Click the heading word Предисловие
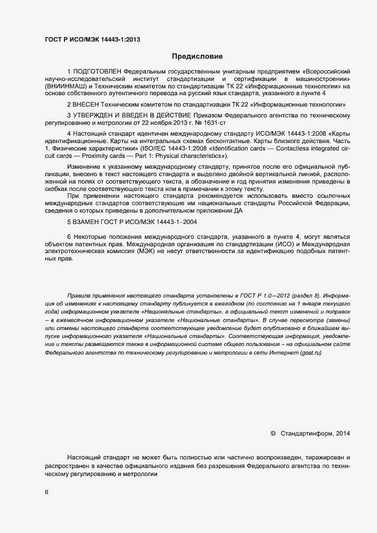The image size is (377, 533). (197, 56)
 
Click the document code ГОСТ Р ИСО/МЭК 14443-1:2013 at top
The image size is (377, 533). (92, 40)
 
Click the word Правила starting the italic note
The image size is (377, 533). (79, 296)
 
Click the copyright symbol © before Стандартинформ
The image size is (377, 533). (273, 434)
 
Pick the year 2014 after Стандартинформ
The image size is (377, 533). (343, 434)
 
